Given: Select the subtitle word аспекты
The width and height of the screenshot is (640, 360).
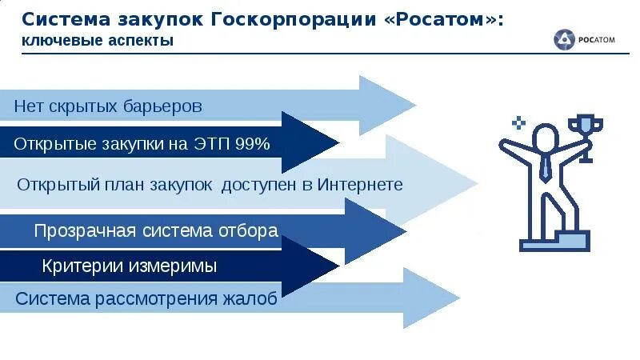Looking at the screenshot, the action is coord(141,40).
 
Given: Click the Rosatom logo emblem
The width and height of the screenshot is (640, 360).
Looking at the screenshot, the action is coord(563,39).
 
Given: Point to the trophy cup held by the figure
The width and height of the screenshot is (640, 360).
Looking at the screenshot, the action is coord(586,128).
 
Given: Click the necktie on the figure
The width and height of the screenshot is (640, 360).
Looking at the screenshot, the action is coord(546,166).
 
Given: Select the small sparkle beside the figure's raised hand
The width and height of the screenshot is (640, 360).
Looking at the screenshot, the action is coord(520,122).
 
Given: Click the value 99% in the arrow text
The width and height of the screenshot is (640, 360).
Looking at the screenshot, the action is coord(251,144).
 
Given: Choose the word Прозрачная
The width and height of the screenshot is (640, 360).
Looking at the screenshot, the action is coord(85,231).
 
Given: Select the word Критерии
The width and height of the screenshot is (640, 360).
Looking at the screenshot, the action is coord(75,266).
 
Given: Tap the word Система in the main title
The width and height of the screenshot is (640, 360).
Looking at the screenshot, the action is coord(57,17).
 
